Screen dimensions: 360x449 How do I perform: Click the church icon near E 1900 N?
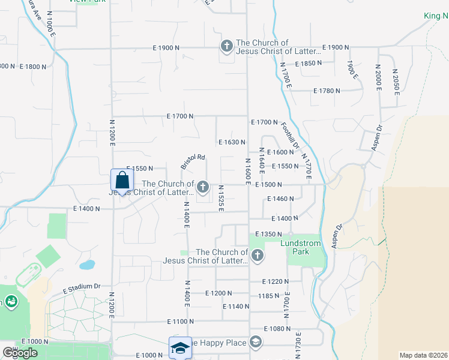(x=227, y=46)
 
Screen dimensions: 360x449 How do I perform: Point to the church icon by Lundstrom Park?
(x=257, y=256)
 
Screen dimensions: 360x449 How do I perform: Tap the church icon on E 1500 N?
(x=203, y=188)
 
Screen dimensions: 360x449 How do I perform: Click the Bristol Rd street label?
(x=193, y=162)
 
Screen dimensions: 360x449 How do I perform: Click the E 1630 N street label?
(x=233, y=142)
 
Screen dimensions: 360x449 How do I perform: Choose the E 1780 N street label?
(x=327, y=91)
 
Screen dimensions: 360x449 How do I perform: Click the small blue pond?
(x=87, y=264)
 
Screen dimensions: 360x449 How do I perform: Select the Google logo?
(x=20, y=353)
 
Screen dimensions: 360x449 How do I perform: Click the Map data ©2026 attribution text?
(x=423, y=355)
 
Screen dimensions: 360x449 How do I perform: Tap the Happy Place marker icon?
(x=256, y=343)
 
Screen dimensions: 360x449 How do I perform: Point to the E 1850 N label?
(x=315, y=64)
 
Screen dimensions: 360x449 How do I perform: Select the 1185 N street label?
(x=268, y=295)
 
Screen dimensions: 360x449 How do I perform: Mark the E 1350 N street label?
(x=268, y=234)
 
